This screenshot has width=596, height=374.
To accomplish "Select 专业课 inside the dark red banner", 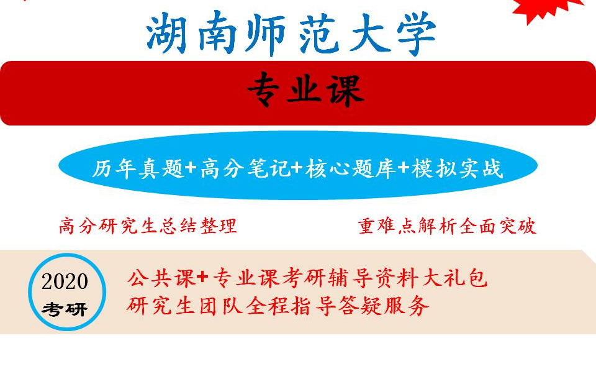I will (x=304, y=92).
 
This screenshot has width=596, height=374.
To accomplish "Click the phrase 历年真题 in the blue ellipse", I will (x=138, y=168).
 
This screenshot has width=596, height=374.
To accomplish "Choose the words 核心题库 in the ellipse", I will (x=350, y=168).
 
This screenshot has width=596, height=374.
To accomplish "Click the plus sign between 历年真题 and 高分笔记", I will (x=191, y=168).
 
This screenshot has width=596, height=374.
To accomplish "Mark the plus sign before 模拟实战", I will (x=403, y=168).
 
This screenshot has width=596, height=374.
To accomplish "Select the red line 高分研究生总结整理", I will (x=148, y=226).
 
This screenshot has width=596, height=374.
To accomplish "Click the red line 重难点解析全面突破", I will (x=447, y=226).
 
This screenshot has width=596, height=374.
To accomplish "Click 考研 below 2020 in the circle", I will (x=65, y=309).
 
